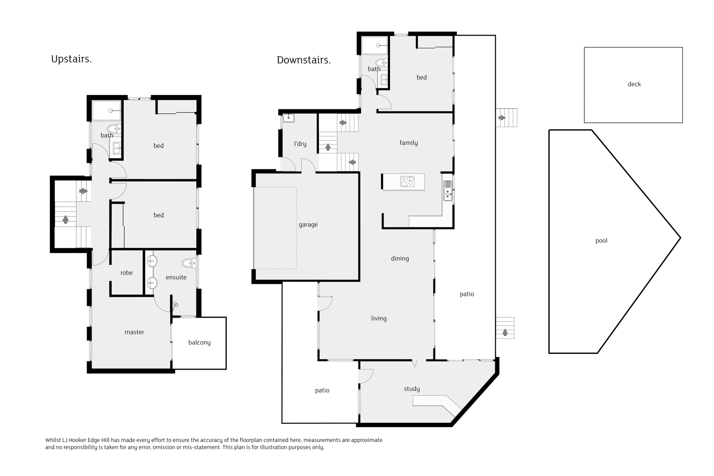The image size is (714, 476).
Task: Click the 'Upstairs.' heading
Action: coord(71,59)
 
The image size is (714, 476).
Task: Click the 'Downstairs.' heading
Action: coord(303,60)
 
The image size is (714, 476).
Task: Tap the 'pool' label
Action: coord(601,241)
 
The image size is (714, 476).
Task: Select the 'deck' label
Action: coord(634,84)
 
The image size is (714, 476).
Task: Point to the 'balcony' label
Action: coord(199,343)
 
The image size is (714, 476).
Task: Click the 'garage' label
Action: coord(308,225)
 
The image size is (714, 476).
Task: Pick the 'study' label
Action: coord(411,389)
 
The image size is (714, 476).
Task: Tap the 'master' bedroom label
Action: coord(134,332)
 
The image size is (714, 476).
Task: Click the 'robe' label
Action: coord(126,273)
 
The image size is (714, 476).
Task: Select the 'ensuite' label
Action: coord(176,277)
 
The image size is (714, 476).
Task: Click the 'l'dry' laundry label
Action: coord(300,144)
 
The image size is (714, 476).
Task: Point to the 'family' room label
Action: coord(408,143)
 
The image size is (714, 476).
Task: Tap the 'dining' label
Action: coord(400,258)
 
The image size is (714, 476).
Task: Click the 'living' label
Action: coord(379,318)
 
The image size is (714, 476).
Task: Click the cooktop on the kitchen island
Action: coord(407,181)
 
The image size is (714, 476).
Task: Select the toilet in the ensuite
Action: coord(189,263)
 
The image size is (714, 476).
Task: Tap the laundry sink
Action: coord(288,118)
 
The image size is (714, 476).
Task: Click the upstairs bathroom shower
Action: coord(107,111)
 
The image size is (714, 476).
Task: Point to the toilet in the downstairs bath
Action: coord(381,62)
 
